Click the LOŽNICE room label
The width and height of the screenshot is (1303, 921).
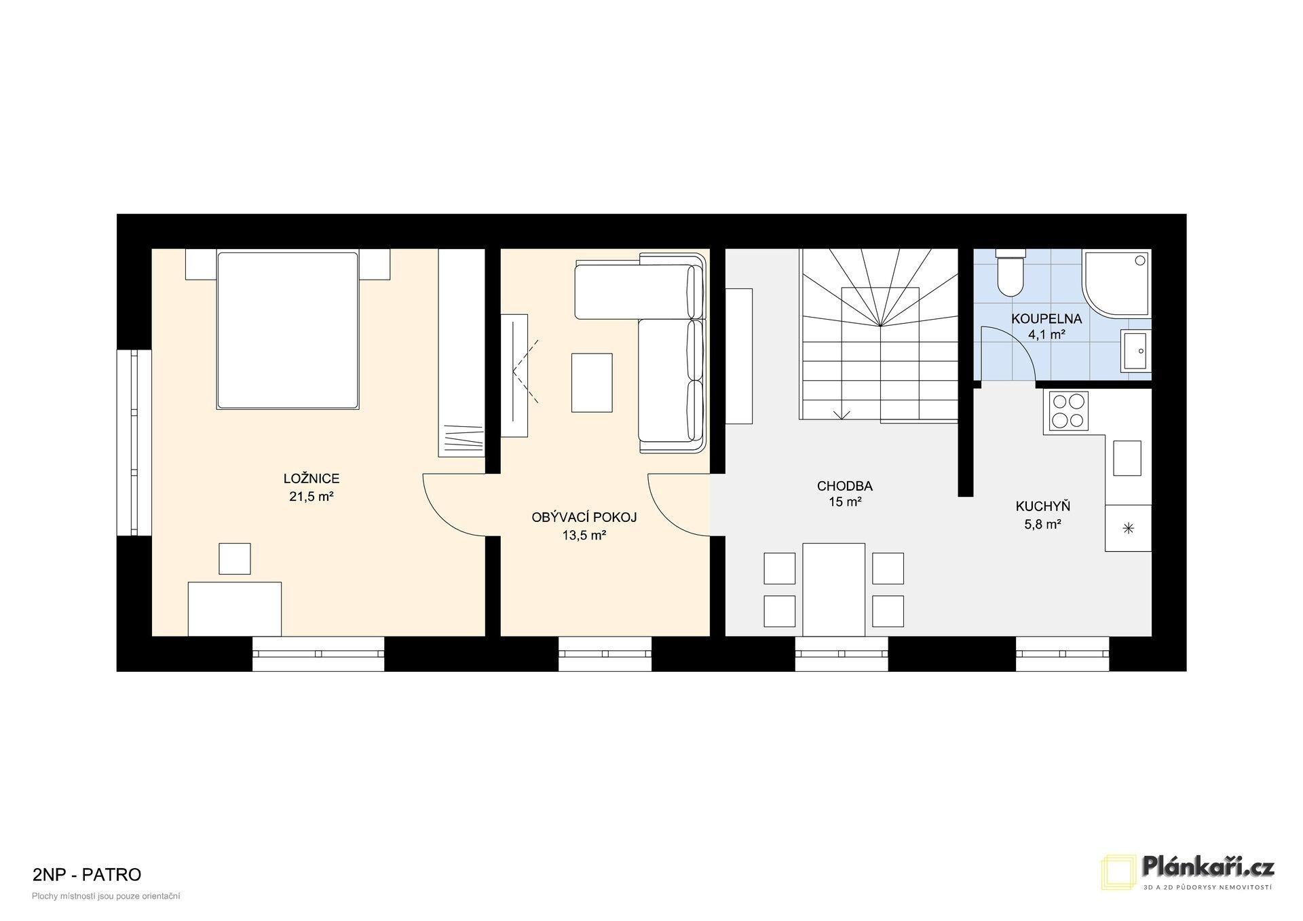coord(311,479)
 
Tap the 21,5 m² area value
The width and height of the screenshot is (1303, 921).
coord(311,497)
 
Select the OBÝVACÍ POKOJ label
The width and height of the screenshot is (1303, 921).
coord(584,518)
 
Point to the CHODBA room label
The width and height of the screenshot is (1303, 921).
coord(845,486)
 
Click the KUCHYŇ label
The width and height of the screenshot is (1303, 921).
coord(1043,506)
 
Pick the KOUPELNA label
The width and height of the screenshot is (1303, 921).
coord(1046,319)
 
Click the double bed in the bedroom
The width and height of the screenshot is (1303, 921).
coord(287,331)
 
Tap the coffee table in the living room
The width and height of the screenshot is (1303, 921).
coord(592,383)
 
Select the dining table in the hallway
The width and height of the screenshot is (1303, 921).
coord(834,589)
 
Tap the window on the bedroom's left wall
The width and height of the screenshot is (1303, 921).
coord(134,443)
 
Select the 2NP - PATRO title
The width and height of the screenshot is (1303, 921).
coord(87,874)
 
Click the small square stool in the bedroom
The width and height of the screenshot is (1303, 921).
coord(234,559)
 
